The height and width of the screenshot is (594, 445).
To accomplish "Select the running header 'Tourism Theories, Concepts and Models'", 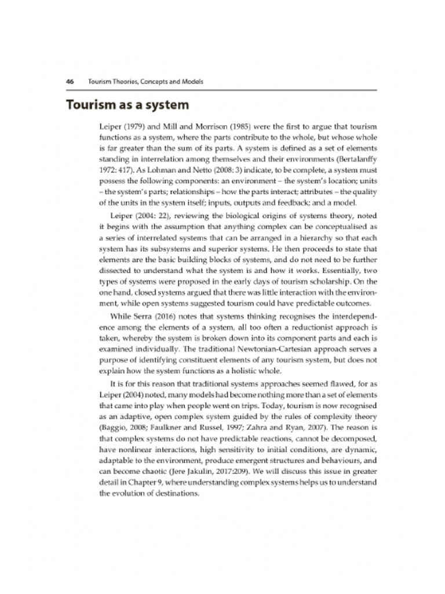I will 145,81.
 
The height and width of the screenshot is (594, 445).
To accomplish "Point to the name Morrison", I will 210,126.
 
